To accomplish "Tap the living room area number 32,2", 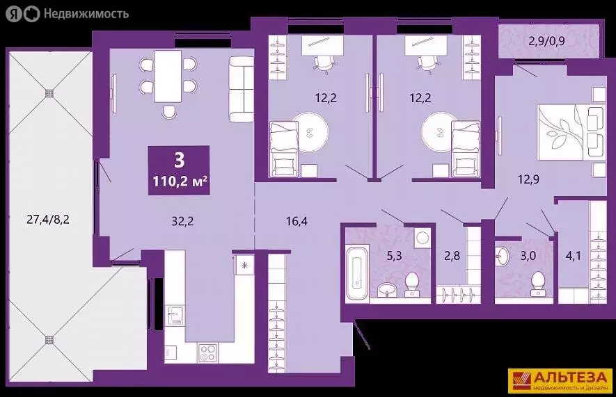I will pyautogui.click(x=182, y=223).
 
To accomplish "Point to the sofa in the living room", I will pyautogui.click(x=240, y=87).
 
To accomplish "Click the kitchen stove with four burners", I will pyautogui.click(x=207, y=353).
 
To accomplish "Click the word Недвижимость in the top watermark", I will pyautogui.click(x=86, y=13).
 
